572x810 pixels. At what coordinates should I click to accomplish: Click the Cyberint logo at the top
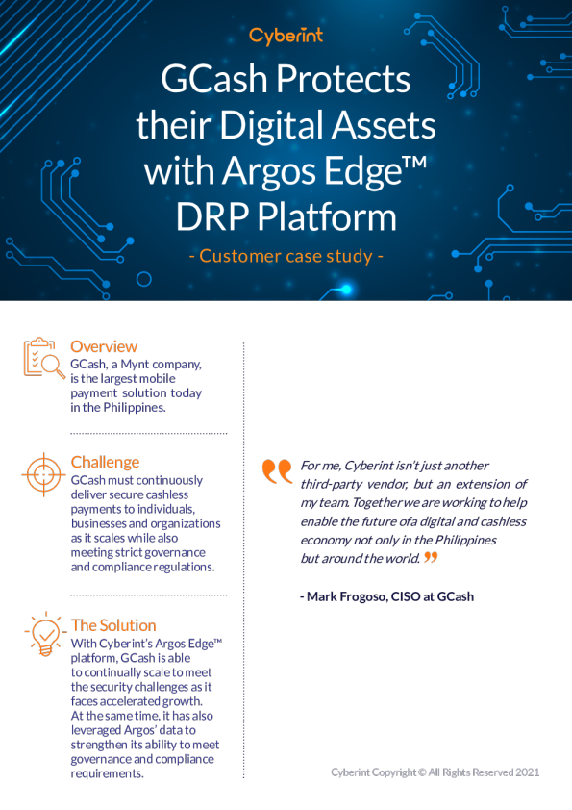click(286, 37)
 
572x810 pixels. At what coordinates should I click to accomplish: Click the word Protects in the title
click(343, 79)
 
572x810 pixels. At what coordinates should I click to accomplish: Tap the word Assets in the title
click(384, 125)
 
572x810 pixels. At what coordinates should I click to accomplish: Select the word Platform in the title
click(327, 216)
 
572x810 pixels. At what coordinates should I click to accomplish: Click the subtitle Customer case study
click(286, 256)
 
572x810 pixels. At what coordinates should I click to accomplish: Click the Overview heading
click(104, 346)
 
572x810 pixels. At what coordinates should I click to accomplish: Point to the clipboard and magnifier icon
click(44, 358)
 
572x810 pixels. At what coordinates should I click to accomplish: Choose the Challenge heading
click(106, 462)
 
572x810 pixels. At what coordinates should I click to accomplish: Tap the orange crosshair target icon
click(44, 474)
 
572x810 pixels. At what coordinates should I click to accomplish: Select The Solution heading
click(113, 625)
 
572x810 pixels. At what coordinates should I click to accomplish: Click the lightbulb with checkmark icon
click(45, 634)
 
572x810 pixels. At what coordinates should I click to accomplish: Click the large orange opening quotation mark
click(277, 471)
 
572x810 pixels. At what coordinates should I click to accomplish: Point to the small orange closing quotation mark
click(431, 557)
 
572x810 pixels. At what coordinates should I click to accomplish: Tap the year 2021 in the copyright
click(527, 772)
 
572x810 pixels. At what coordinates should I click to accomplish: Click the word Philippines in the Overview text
click(135, 408)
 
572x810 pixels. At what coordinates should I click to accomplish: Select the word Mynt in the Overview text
click(135, 365)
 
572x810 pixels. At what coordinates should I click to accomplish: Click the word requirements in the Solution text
click(107, 773)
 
